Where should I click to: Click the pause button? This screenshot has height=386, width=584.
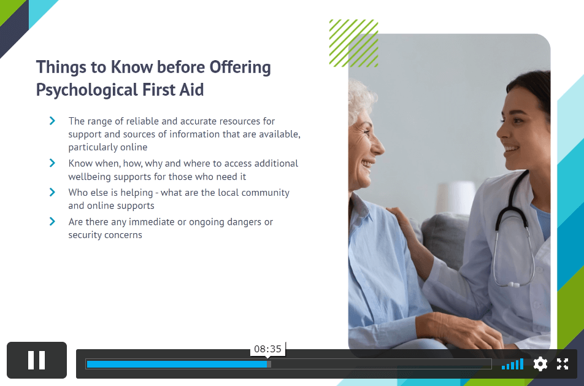point(37,360)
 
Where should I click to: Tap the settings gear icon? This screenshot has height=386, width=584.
point(540,364)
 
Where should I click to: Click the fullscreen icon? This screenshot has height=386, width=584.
point(563,364)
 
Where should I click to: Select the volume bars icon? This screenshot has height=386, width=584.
point(512,364)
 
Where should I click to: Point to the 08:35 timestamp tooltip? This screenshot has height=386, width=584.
point(268,349)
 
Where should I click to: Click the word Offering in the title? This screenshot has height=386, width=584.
point(240,68)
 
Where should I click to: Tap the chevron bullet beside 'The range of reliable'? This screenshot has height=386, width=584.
point(52,121)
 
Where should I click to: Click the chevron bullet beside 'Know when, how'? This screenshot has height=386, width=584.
point(52,163)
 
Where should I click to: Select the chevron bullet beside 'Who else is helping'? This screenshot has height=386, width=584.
point(52,192)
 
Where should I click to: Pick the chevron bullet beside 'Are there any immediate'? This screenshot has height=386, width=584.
point(52,222)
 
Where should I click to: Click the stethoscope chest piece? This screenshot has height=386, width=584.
point(513,285)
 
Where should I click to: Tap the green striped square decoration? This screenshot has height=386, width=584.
point(353,43)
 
